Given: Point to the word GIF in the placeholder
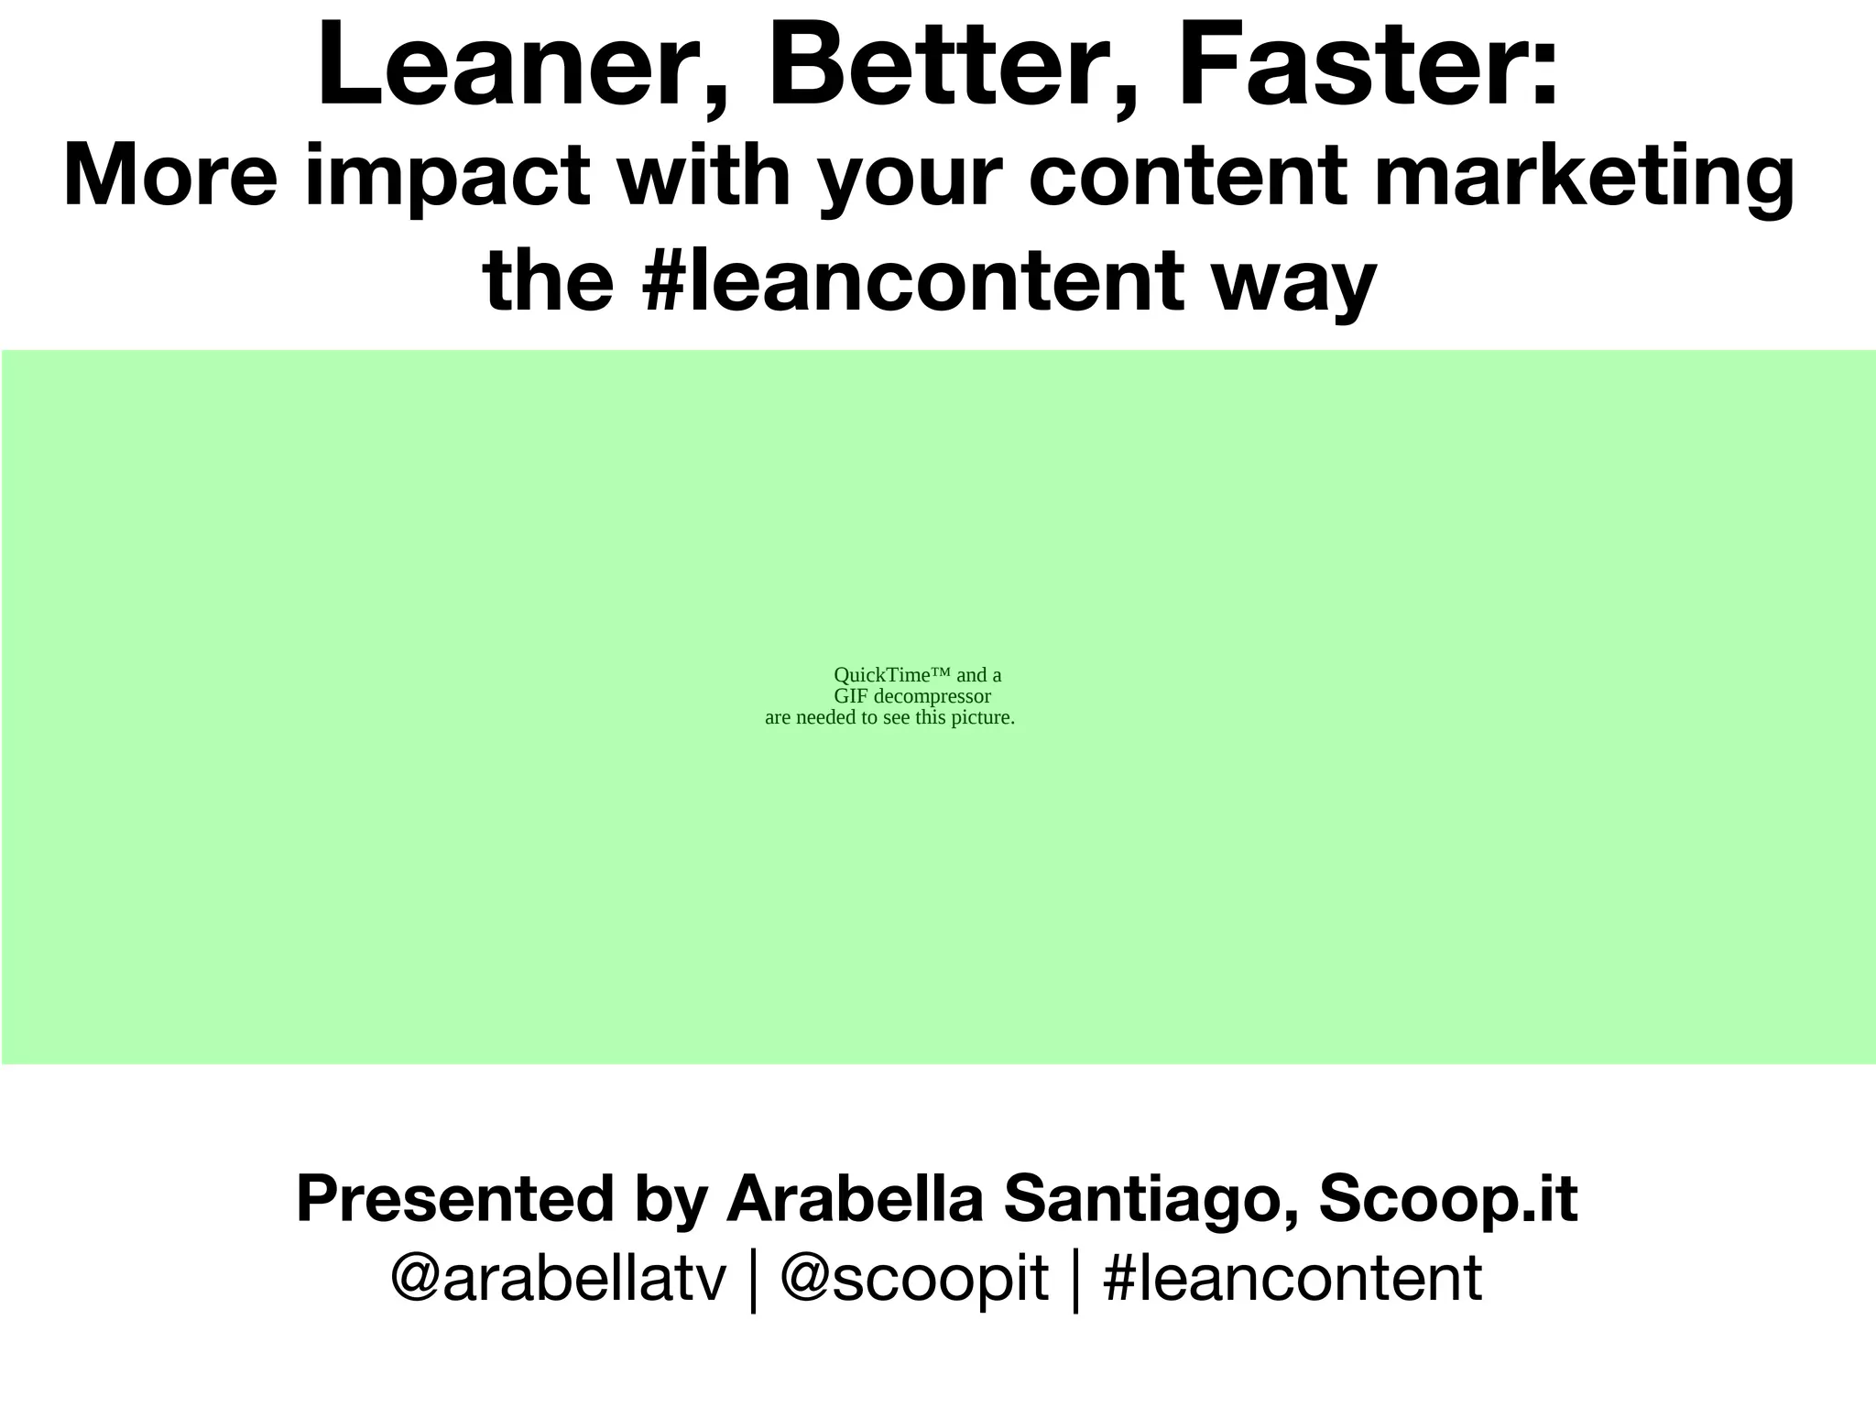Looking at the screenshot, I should click(x=851, y=696).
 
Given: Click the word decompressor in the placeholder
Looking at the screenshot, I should click(x=933, y=696).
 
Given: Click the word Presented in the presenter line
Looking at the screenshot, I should click(x=454, y=1200).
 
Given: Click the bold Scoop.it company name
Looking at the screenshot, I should click(x=1448, y=1200).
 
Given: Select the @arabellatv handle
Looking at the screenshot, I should click(x=558, y=1279).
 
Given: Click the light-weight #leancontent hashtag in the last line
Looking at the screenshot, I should click(x=1292, y=1279).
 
